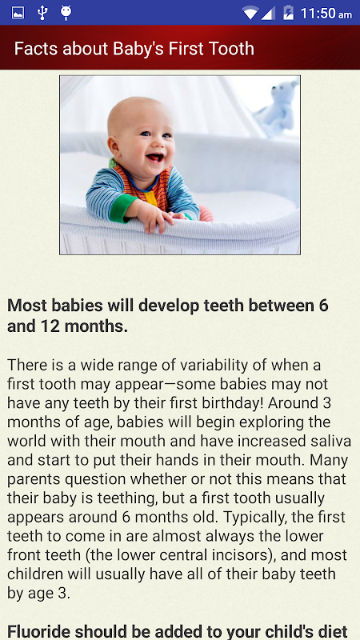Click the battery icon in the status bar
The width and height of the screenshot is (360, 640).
(x=288, y=13)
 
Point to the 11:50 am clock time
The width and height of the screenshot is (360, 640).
(x=326, y=14)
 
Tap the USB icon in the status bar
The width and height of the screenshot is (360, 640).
(x=42, y=13)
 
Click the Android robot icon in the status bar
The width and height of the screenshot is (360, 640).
(x=66, y=13)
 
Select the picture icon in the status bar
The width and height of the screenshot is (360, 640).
(x=18, y=13)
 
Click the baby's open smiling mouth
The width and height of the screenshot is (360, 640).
(x=155, y=157)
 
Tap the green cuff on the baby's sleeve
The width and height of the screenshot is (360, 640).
(x=122, y=208)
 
